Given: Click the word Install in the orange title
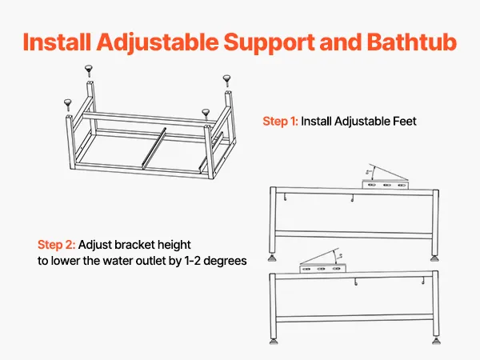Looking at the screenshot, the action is point(57,42).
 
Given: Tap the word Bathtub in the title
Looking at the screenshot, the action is point(411,42).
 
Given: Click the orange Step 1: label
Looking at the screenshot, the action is point(280,122).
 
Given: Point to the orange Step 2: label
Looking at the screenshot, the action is point(56,245).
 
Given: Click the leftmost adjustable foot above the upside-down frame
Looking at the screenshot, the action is point(68,105).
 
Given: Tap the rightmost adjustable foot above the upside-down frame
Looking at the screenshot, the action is point(227,81).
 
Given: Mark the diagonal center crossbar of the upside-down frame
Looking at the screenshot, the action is point(154,148).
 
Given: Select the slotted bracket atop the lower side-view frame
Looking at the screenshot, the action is point(322,269).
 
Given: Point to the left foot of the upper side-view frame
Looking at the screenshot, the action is point(273,258).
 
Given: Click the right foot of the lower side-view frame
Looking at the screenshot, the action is point(436,341).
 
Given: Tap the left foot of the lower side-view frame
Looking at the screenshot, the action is point(274,341).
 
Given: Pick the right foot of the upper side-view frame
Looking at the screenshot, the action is point(434,258).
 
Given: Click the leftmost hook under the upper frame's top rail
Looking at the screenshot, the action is point(286,198).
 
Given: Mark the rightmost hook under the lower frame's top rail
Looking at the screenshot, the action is point(423,281).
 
